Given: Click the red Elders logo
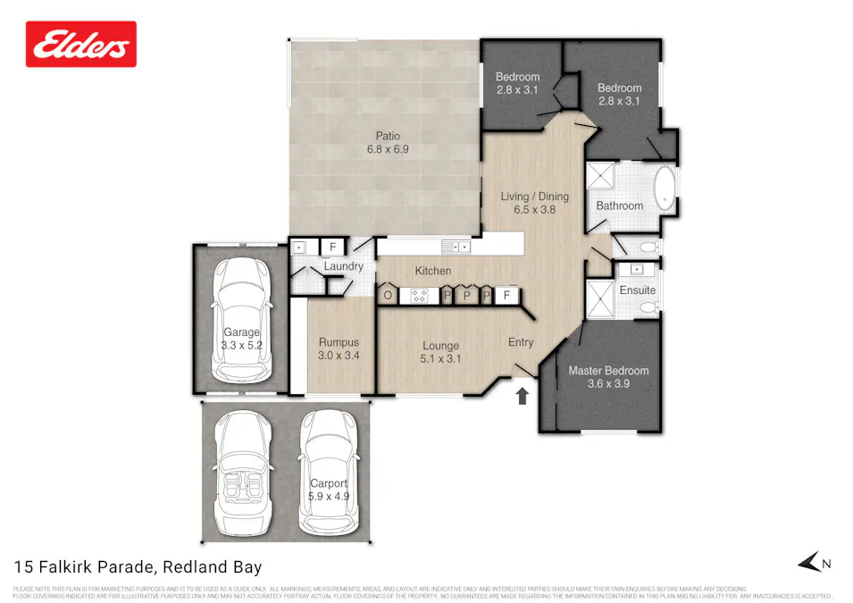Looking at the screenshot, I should (x=81, y=45).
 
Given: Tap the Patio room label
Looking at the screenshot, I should (x=388, y=143).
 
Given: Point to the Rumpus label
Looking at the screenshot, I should (x=339, y=348).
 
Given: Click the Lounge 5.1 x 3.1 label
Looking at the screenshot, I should (x=440, y=352).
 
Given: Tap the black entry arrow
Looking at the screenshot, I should (x=523, y=395).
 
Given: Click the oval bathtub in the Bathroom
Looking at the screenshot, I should (x=664, y=188).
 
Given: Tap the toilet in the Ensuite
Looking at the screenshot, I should (x=648, y=308).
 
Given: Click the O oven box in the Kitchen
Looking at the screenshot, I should (x=389, y=295).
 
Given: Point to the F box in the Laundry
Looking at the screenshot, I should (x=332, y=247).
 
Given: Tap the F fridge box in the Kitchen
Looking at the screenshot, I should (x=507, y=295).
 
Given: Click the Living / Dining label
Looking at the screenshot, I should (x=534, y=203).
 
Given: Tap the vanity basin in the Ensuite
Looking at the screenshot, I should (x=637, y=268).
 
